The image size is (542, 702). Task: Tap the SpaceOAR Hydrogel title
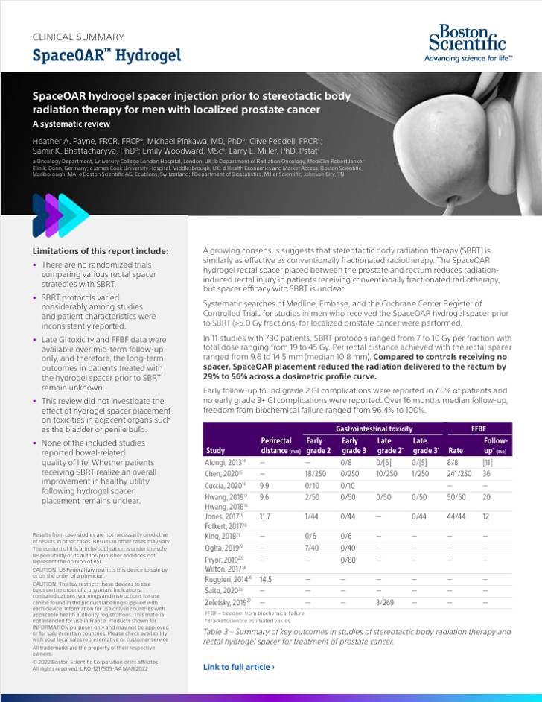click(x=106, y=56)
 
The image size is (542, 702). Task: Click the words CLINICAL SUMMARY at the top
click(x=78, y=37)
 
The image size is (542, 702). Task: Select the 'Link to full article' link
click(x=238, y=667)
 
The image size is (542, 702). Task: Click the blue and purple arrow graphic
click(x=60, y=215)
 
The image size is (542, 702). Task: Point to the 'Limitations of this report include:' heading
click(x=101, y=251)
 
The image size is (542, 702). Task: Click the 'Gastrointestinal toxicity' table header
click(x=373, y=429)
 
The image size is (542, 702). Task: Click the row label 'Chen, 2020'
click(x=223, y=473)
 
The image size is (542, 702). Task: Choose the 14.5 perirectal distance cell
click(x=270, y=578)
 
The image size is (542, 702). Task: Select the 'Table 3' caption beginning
click(x=220, y=632)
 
